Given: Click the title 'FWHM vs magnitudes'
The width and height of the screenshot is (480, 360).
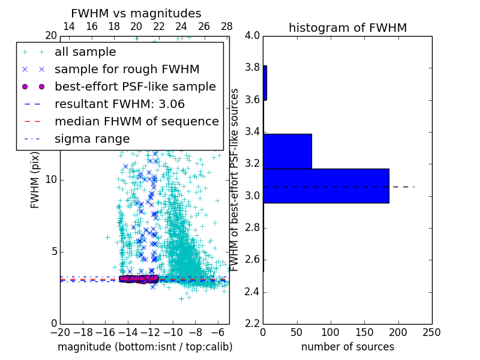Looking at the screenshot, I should pyautogui.click(x=136, y=13).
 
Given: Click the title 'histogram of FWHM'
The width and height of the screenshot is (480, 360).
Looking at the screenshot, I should pyautogui.click(x=347, y=28).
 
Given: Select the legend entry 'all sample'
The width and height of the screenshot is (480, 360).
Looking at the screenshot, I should pyautogui.click(x=85, y=52).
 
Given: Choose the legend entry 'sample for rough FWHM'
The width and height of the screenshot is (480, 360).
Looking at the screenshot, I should pyautogui.click(x=127, y=69).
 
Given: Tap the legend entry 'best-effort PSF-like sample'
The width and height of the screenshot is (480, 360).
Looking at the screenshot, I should pyautogui.click(x=135, y=86).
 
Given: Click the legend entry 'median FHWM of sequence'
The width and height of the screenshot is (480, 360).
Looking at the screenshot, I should pyautogui.click(x=136, y=121).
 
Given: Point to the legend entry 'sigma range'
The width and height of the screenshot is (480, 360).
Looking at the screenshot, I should pyautogui.click(x=92, y=139).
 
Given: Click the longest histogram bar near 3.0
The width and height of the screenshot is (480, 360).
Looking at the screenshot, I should pyautogui.click(x=326, y=186).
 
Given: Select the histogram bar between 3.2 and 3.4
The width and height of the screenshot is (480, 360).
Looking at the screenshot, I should pyautogui.click(x=287, y=151).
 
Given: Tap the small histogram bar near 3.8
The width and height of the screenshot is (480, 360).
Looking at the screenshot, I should pyautogui.click(x=265, y=83).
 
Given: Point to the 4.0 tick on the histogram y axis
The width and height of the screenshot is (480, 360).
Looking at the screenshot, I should pyautogui.click(x=252, y=35).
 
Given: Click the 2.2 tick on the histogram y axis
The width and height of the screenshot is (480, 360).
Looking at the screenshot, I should pyautogui.click(x=252, y=324).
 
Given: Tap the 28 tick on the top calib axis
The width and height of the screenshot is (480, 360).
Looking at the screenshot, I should pyautogui.click(x=227, y=26).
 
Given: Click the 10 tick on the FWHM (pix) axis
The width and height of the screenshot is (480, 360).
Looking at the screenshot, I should pyautogui.click(x=51, y=179).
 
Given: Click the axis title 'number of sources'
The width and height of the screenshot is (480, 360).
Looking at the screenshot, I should pyautogui.click(x=347, y=347).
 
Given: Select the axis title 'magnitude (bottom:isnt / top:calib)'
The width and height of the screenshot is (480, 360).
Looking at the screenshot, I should pyautogui.click(x=145, y=347).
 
